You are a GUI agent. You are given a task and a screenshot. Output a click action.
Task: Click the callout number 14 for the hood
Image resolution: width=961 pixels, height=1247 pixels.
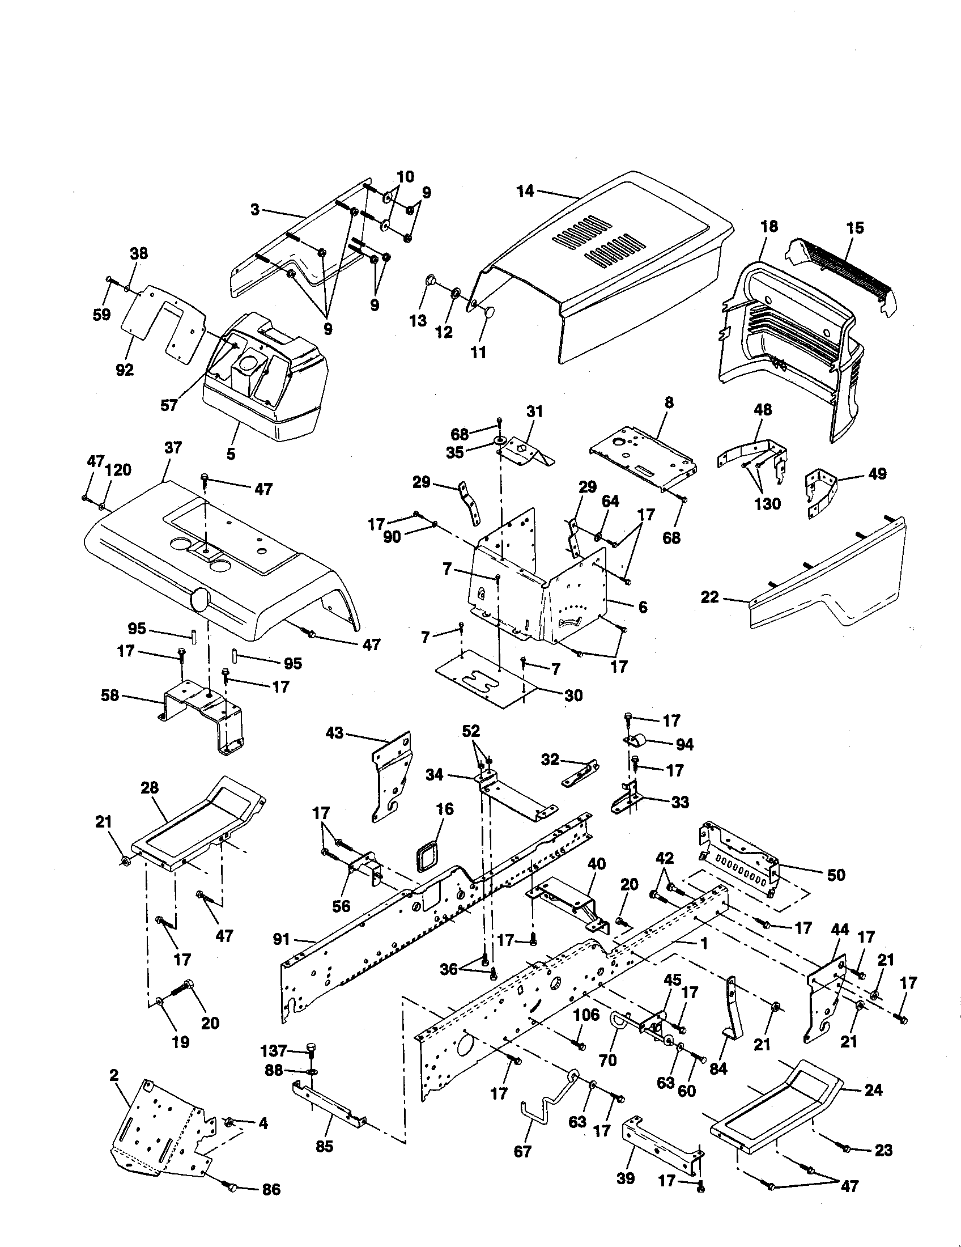click(525, 191)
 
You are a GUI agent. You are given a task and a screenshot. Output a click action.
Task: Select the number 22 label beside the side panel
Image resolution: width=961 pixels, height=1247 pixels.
click(709, 598)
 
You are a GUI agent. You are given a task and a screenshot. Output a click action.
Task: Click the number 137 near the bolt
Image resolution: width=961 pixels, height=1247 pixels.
click(273, 1050)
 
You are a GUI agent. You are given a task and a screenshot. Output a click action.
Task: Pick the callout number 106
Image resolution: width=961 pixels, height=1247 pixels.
click(586, 1015)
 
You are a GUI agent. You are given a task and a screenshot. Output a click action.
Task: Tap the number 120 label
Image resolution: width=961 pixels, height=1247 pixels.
click(118, 470)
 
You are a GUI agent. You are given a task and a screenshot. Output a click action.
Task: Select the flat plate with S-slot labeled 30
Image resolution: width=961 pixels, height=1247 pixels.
click(485, 680)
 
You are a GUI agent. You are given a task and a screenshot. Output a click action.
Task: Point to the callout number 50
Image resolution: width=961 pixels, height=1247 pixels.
click(835, 875)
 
